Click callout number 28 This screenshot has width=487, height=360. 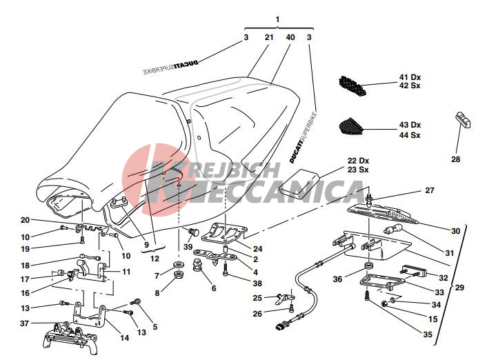[x=455, y=159]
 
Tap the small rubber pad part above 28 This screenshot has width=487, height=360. [x=463, y=121]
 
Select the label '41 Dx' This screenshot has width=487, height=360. [x=410, y=77]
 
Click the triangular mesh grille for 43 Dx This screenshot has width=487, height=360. [x=350, y=126]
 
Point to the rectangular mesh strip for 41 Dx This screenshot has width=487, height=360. [x=352, y=85]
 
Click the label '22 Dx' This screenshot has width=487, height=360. [x=358, y=161]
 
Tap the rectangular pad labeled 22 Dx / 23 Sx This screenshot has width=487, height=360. [x=299, y=184]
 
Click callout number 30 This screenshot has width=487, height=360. [x=455, y=230]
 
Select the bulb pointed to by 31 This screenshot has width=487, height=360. [x=393, y=229]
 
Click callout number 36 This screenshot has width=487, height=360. [x=337, y=279]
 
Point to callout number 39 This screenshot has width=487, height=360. [x=188, y=247]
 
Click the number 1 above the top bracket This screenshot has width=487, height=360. [x=277, y=19]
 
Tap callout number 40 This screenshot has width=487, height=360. [x=290, y=37]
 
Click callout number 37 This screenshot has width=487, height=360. [x=25, y=323]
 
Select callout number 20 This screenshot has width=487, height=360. [x=25, y=220]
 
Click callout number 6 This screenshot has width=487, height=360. [x=214, y=288]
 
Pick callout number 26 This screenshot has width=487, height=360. [x=257, y=314]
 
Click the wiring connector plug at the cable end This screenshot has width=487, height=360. [x=281, y=326]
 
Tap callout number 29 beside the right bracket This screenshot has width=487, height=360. [x=459, y=288]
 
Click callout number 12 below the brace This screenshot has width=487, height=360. [x=155, y=259]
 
